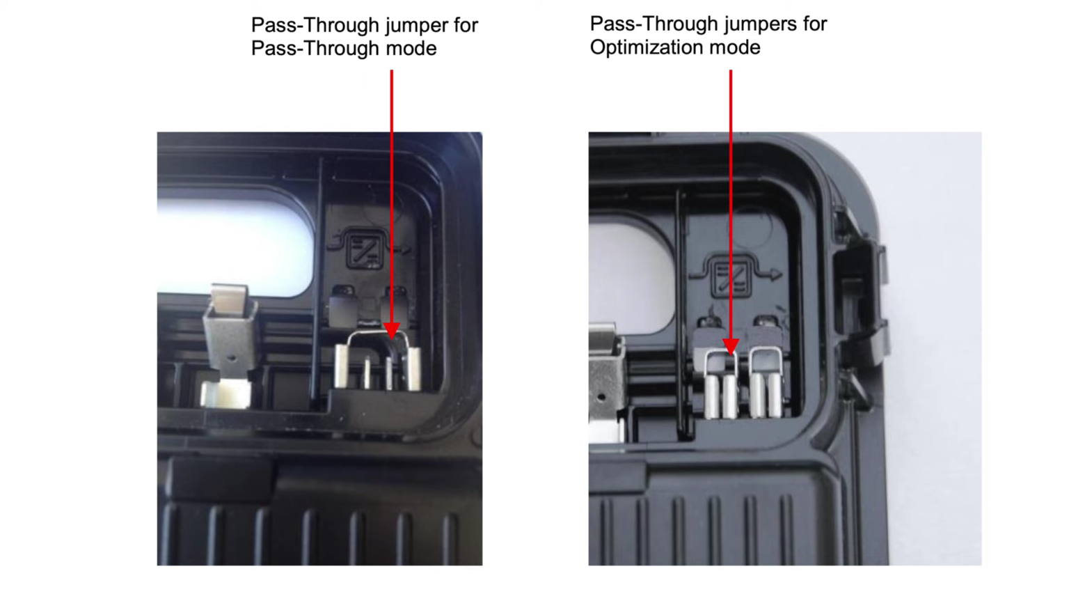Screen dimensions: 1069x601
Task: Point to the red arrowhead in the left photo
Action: (391, 330)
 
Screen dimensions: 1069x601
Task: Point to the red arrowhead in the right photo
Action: (731, 347)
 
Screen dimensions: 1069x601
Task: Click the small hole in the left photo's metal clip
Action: (232, 357)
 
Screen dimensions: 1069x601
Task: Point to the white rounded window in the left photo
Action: (234, 246)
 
